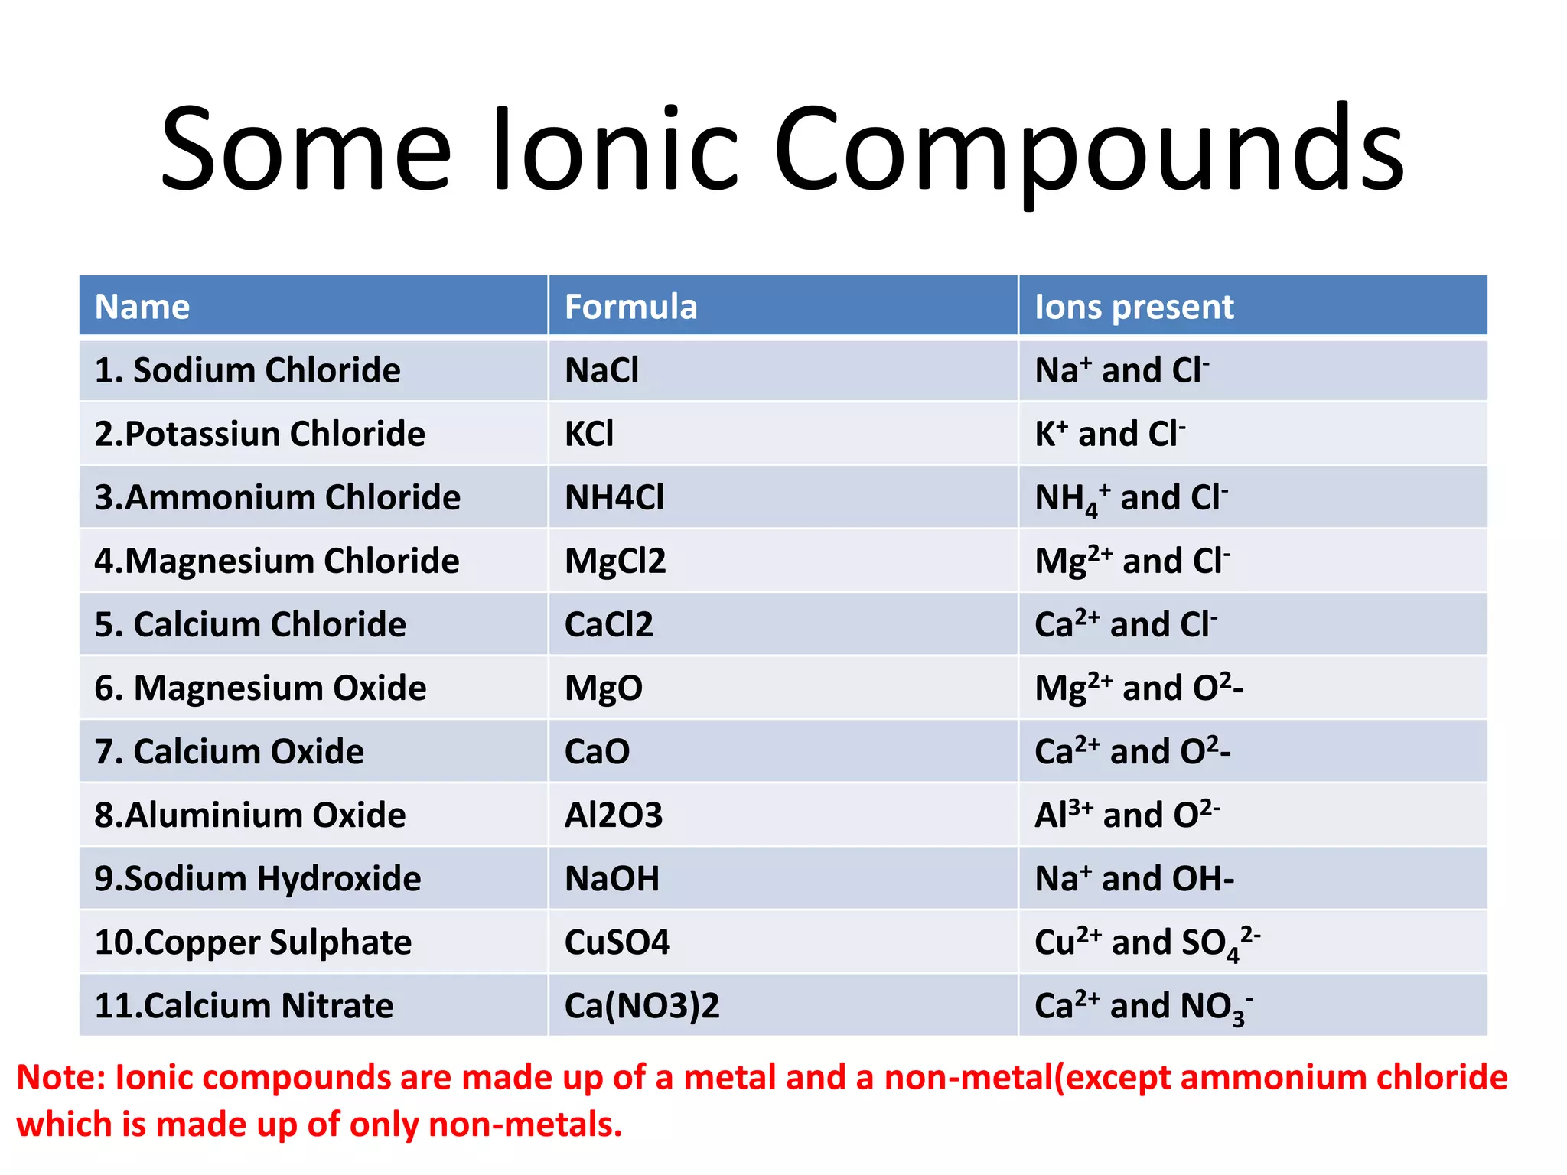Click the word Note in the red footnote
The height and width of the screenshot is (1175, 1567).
tap(61, 1077)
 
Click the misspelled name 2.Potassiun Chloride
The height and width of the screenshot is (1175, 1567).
tap(259, 434)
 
